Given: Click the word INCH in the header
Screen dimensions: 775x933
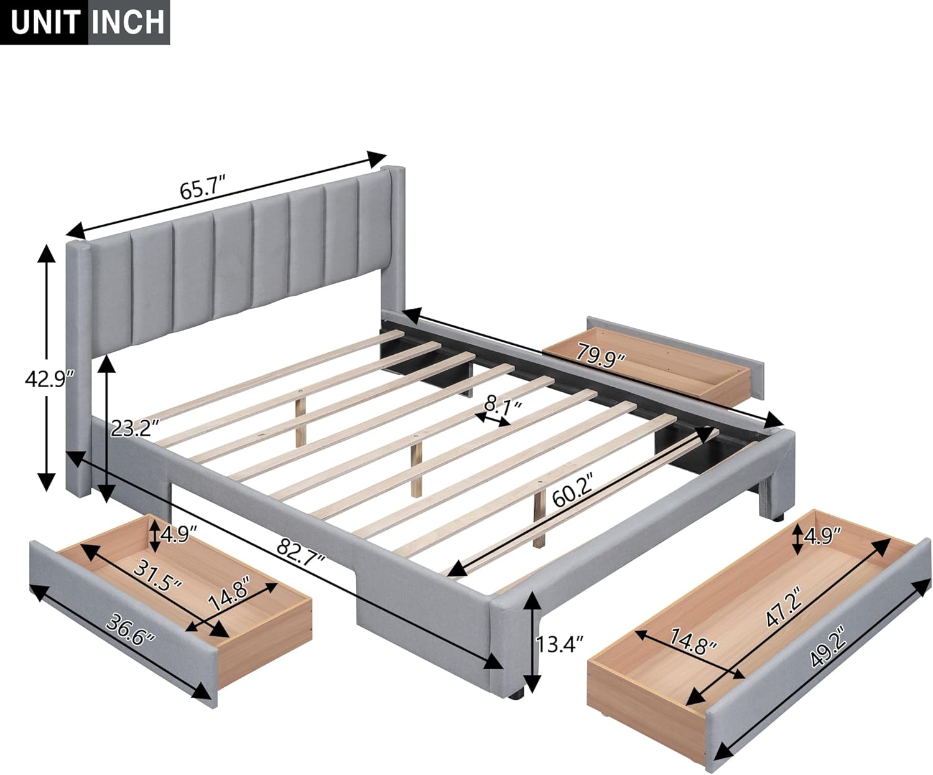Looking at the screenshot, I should coord(129,23).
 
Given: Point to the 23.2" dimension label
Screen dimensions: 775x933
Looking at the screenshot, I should coord(136,428).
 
